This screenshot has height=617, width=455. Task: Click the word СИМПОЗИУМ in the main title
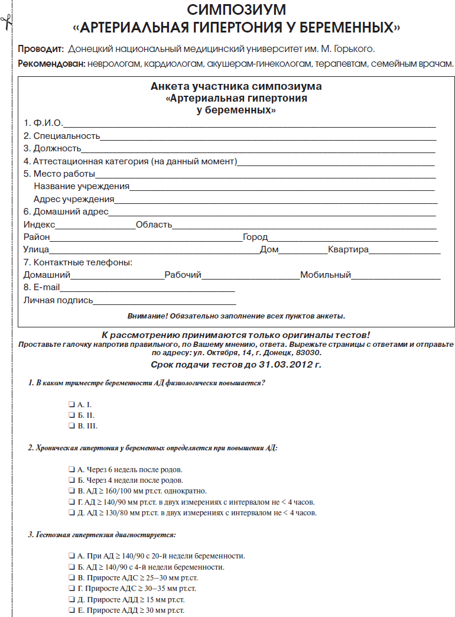click(x=236, y=10)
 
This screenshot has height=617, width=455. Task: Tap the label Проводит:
click(x=40, y=48)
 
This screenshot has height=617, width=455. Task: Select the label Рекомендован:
click(x=51, y=63)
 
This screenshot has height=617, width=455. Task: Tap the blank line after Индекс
click(x=95, y=226)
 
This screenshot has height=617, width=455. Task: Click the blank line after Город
click(x=352, y=239)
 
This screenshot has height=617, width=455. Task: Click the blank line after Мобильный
click(x=395, y=277)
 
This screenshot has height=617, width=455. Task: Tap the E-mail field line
click(x=147, y=290)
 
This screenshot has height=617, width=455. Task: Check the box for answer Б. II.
click(x=71, y=415)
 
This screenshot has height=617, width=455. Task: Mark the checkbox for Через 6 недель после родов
click(x=71, y=469)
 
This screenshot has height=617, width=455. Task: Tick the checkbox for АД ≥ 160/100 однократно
click(x=71, y=491)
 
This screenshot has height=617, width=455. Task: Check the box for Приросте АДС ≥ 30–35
click(x=71, y=589)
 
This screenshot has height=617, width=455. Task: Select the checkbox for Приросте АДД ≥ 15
click(x=71, y=599)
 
